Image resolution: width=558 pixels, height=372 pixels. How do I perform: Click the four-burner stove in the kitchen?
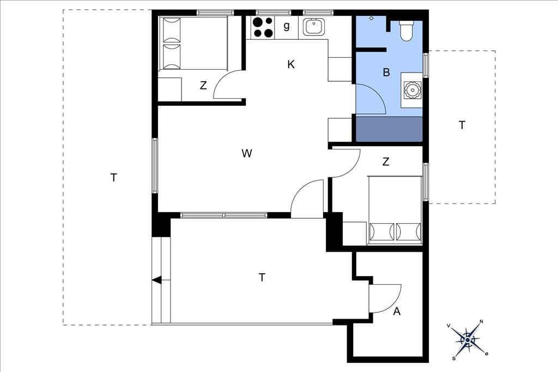tap(263, 27)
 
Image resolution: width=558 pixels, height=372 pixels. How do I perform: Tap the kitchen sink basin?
tap(314, 26)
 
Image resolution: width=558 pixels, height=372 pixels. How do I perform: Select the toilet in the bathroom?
tap(407, 31)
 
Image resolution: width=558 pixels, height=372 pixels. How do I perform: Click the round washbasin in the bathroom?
tap(413, 90)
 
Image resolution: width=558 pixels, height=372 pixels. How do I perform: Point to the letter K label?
tap(291, 64)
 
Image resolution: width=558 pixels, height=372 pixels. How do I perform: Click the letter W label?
tap(247, 153)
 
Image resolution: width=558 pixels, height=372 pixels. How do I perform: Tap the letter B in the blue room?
tap(386, 73)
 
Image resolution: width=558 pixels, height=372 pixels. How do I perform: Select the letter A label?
tap(397, 311)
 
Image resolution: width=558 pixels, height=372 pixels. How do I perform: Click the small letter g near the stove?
tap(287, 26)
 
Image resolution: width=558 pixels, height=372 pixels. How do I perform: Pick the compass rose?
tap(467, 340)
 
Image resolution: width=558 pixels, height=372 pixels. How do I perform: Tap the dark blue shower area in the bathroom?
tap(389, 129)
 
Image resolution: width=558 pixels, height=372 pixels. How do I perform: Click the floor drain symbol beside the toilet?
tap(371, 18)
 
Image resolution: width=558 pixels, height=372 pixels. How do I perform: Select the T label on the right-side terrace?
tap(462, 125)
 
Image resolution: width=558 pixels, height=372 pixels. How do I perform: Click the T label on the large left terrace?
tap(113, 177)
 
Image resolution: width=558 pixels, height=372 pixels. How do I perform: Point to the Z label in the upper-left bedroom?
tap(203, 86)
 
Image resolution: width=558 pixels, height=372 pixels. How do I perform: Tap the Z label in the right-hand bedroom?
tap(386, 162)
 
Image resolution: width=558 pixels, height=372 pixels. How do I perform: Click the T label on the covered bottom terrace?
tap(262, 277)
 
